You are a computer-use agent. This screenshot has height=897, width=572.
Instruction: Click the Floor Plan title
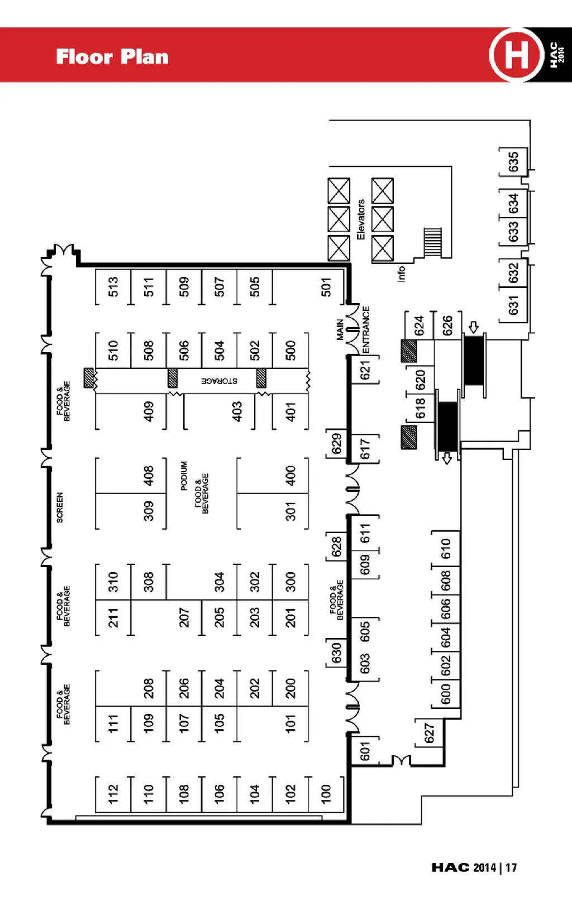click(112, 56)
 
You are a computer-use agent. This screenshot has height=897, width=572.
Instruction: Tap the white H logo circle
click(516, 55)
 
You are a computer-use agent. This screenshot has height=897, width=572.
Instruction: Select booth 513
click(113, 287)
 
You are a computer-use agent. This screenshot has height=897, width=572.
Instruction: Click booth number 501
click(326, 287)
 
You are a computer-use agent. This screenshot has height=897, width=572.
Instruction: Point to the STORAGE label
click(220, 381)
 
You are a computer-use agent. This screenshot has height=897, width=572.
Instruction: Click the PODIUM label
click(184, 476)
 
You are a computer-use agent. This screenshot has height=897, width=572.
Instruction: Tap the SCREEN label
click(60, 507)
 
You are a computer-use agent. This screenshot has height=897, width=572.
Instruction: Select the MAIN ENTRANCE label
click(353, 329)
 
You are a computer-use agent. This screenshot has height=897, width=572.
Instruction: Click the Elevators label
click(361, 220)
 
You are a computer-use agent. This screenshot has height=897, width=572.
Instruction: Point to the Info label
click(401, 274)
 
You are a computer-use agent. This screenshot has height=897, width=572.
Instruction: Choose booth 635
click(513, 162)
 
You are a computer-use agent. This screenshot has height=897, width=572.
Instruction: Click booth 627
click(429, 733)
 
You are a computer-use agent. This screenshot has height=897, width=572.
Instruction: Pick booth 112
click(113, 793)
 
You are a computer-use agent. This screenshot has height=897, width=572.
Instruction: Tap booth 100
click(326, 793)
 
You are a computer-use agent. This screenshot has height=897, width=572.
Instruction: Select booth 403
click(237, 411)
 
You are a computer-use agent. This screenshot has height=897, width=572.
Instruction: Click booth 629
click(336, 444)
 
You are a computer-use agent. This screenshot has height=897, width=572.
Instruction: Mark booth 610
click(445, 549)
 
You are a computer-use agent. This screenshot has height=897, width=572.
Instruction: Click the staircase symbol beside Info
click(433, 242)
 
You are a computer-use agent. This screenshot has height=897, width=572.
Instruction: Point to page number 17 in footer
click(511, 867)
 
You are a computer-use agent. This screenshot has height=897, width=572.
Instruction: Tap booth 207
click(184, 617)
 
